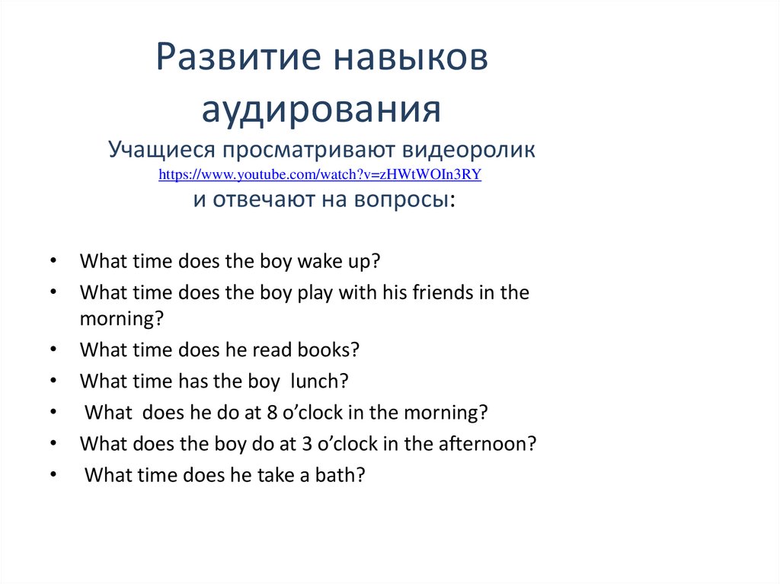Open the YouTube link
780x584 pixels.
click(320, 174)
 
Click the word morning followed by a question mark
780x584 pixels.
click(118, 319)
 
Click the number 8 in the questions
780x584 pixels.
click(273, 413)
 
